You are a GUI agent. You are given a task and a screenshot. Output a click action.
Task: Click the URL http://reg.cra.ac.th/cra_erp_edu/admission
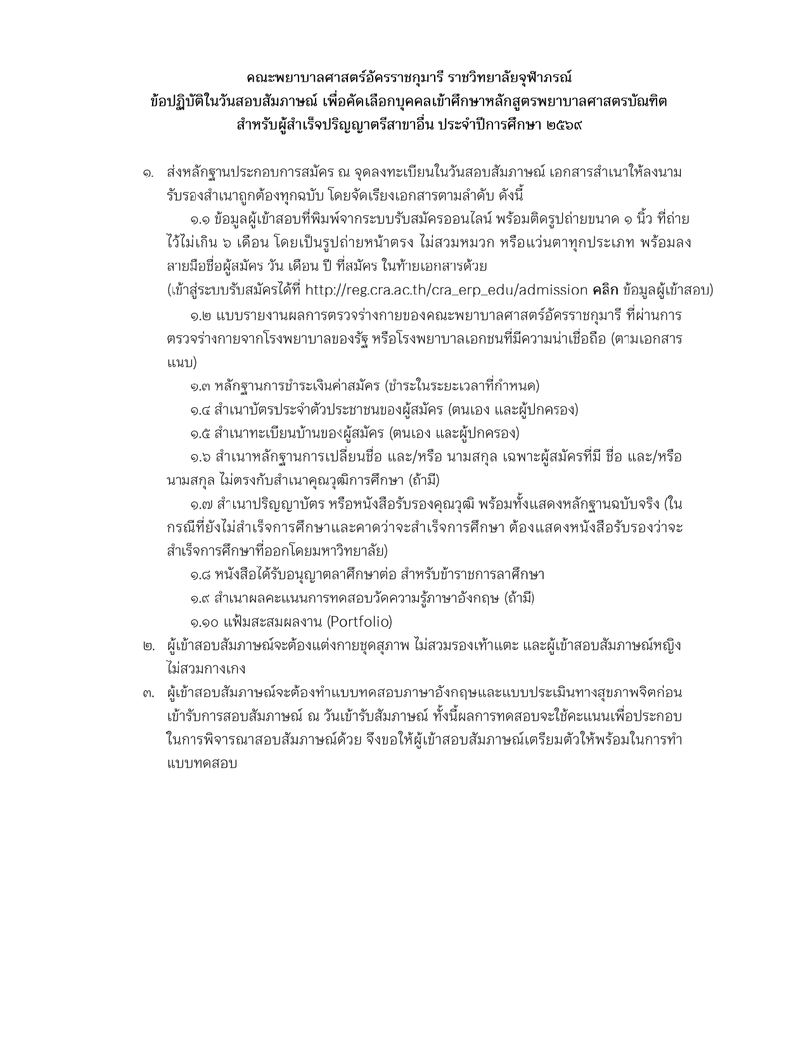point(446,290)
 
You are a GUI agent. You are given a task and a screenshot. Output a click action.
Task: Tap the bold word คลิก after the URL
point(605,290)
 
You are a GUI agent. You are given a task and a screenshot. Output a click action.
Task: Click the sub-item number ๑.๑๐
point(203,622)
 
